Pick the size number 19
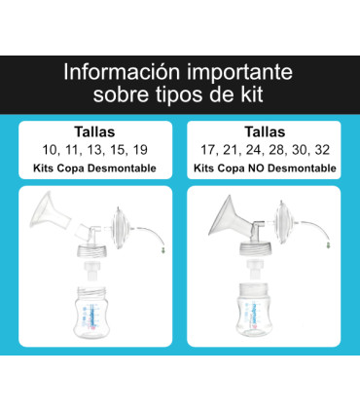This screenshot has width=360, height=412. pyautogui.click(x=143, y=151)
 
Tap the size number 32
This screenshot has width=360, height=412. pyautogui.click(x=326, y=151)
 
